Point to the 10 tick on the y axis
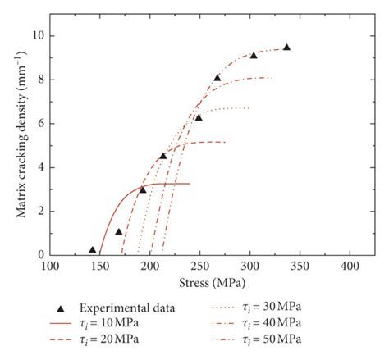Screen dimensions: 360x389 pyautogui.click(x=38, y=36)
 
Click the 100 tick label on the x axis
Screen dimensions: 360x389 pyautogui.click(x=50, y=267)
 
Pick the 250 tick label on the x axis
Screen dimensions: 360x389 pyautogui.click(x=200, y=267)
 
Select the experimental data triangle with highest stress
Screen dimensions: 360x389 pyautogui.click(x=286, y=48)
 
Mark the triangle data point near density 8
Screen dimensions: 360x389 pyautogui.click(x=217, y=78)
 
